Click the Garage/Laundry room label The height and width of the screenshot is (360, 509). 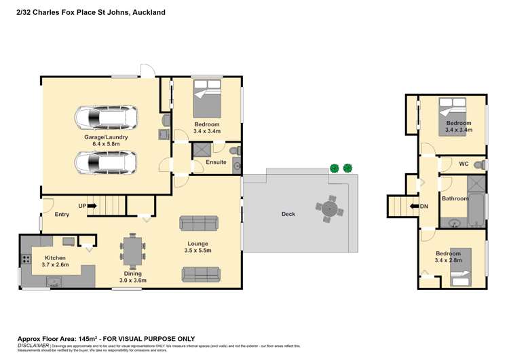coord(101,137)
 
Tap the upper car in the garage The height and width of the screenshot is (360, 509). coord(106,118)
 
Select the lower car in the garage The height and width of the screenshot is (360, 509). coord(106,163)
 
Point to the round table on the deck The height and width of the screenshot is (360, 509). coord(329,207)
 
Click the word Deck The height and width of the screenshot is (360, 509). coord(288,214)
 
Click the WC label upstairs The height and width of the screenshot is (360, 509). coord(464,164)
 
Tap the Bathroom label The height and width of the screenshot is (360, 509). coord(455,198)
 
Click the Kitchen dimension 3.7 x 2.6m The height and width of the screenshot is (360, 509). coord(55,266)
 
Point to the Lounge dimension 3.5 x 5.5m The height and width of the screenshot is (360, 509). coord(198,250)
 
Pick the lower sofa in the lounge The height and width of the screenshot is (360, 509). coord(201,274)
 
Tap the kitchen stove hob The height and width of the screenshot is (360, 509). coord(26,258)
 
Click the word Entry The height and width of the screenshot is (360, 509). coord(62,214)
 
